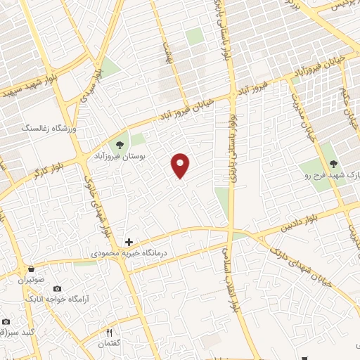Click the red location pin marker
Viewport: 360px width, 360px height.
pyautogui.click(x=181, y=165)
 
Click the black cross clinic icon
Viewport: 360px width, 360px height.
pyautogui.click(x=129, y=242)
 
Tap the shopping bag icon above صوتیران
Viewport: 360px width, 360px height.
pyautogui.click(x=31, y=269)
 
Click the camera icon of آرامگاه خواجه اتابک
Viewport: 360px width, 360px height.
pyautogui.click(x=57, y=289)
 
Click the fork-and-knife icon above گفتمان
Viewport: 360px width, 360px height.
pyautogui.click(x=109, y=332)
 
